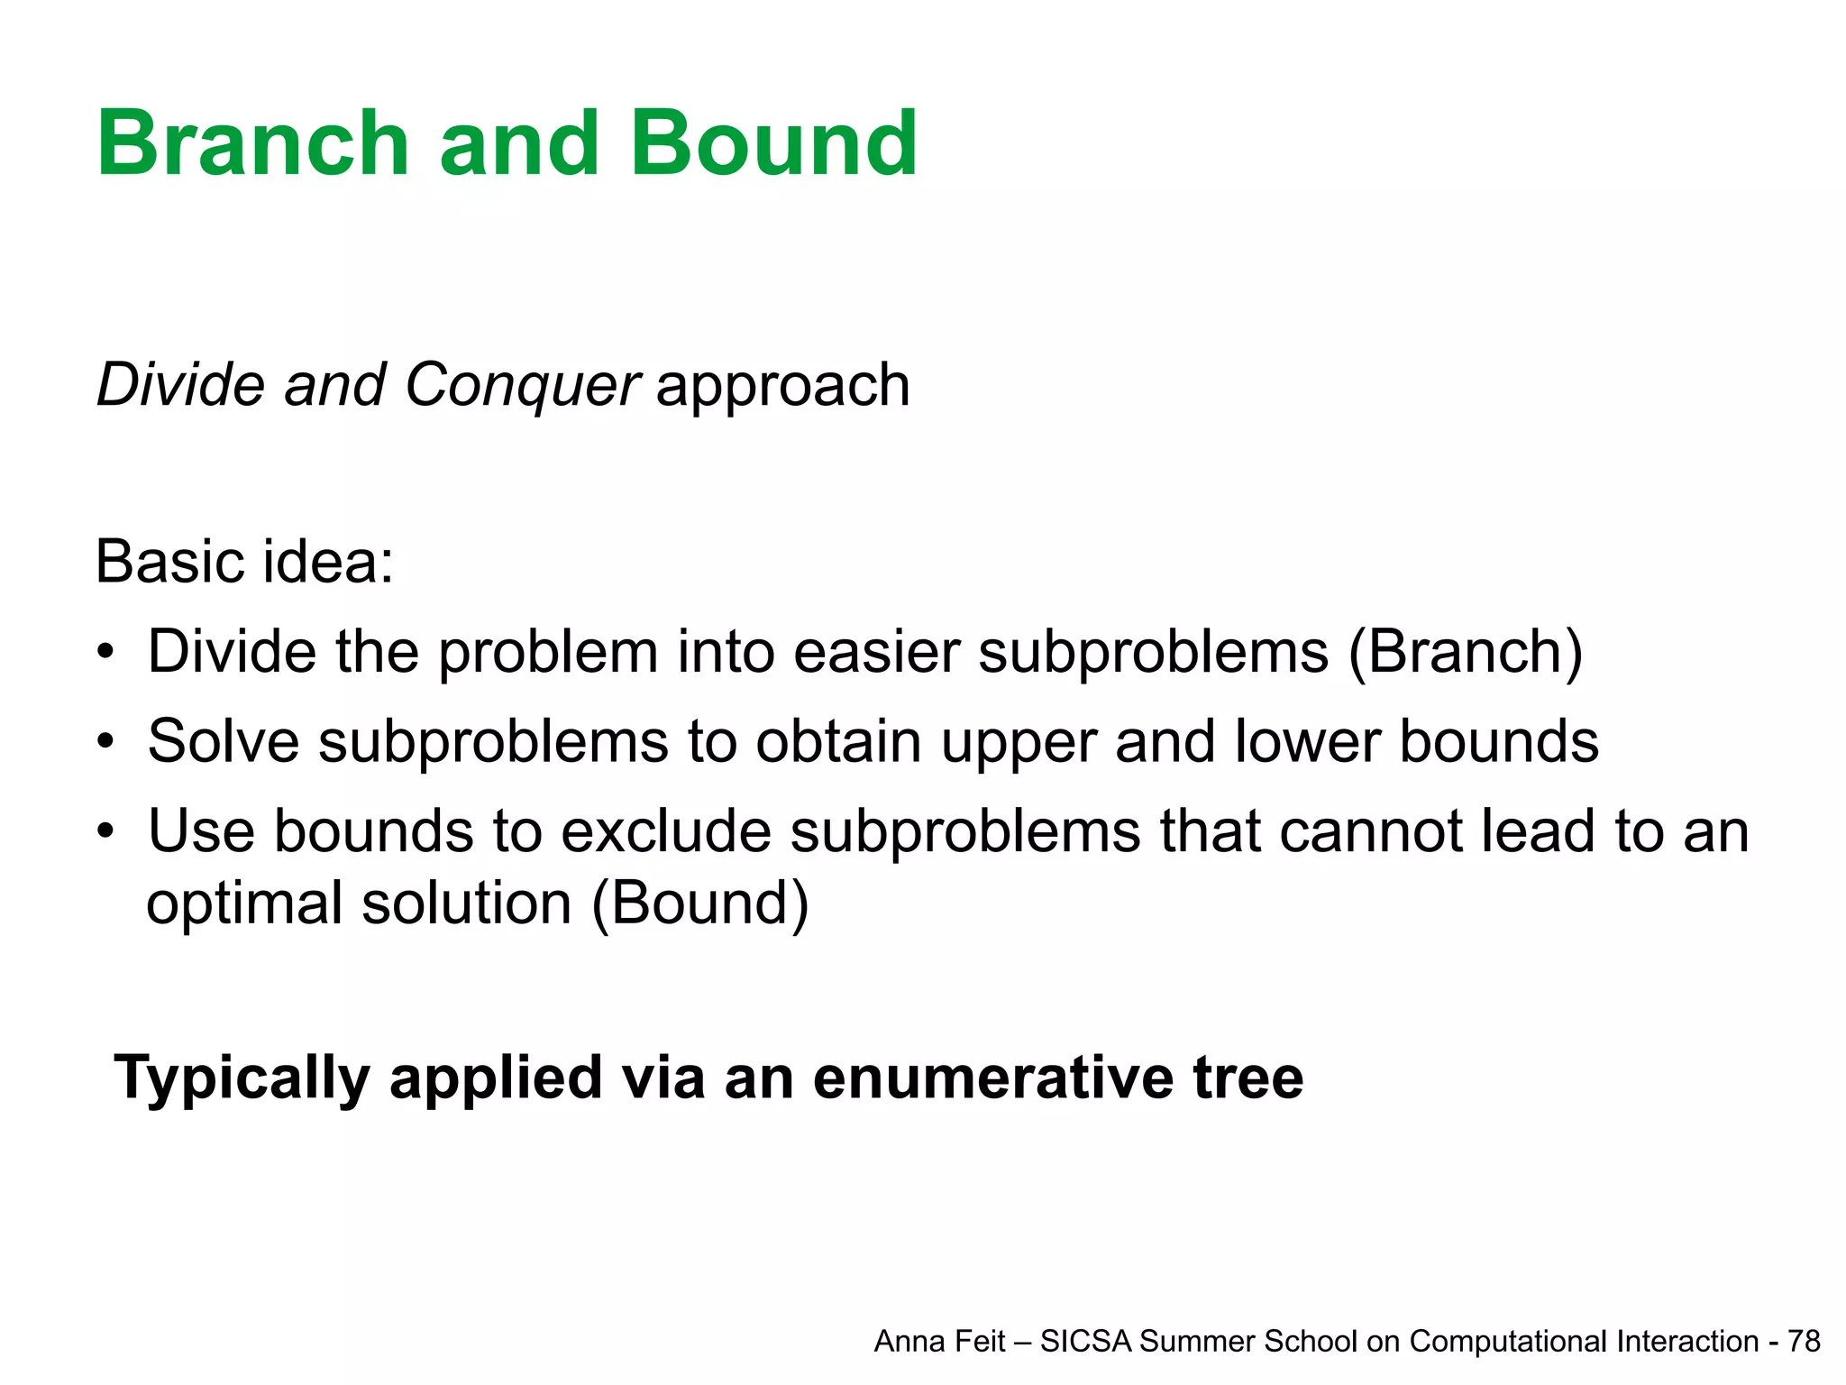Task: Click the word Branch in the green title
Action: tap(253, 144)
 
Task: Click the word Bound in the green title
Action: tap(773, 144)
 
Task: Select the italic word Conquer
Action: tap(522, 386)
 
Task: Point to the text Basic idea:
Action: tap(244, 562)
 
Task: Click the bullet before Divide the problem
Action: tap(106, 652)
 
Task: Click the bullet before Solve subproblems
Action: tap(106, 742)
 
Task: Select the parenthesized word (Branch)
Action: tap(1465, 652)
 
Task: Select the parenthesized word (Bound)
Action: tap(700, 903)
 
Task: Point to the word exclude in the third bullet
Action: tap(666, 831)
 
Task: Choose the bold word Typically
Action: tap(242, 1078)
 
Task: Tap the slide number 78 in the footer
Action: tap(1804, 1342)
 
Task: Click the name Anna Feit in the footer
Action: tap(938, 1342)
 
